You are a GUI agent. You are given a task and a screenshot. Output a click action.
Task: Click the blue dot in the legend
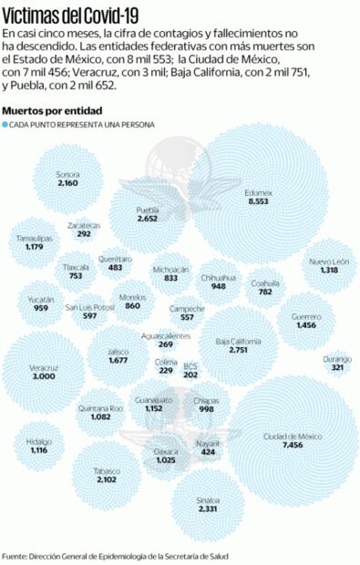[x=5, y=124]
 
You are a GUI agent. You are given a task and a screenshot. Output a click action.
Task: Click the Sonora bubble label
[x=67, y=174]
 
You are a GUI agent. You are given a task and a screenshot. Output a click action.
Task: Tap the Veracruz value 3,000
[x=44, y=376]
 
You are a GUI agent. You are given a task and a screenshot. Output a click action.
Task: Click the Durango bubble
[x=337, y=363]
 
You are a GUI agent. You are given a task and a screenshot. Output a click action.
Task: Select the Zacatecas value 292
[x=84, y=234]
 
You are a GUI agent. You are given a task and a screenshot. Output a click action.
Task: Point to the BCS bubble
[x=190, y=369]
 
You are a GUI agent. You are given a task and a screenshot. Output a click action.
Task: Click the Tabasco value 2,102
[x=107, y=479]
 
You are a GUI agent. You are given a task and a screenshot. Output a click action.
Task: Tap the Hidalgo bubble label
[x=38, y=441]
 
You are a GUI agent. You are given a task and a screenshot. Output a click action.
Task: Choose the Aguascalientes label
[x=166, y=336]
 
